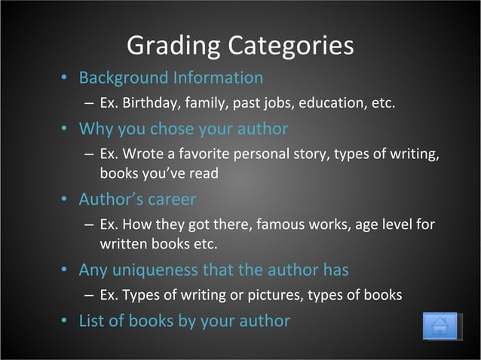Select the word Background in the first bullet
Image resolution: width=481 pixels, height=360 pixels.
click(124, 78)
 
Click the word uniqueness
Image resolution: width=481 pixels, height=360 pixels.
click(151, 269)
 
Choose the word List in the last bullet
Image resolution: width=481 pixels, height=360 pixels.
click(93, 320)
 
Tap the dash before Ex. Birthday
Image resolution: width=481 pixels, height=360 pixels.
click(89, 102)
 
